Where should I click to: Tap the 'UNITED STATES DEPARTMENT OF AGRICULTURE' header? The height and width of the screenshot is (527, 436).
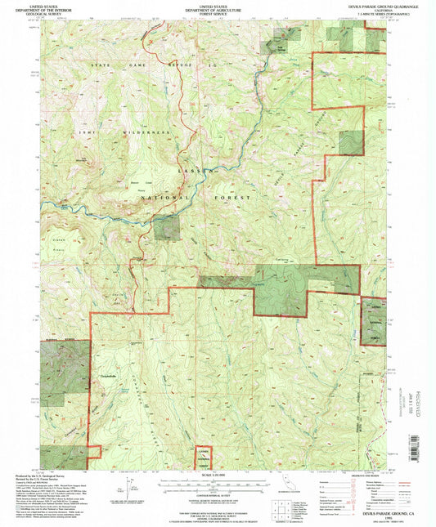coord(218,10)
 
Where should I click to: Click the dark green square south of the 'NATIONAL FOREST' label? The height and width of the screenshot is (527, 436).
coord(167,228)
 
